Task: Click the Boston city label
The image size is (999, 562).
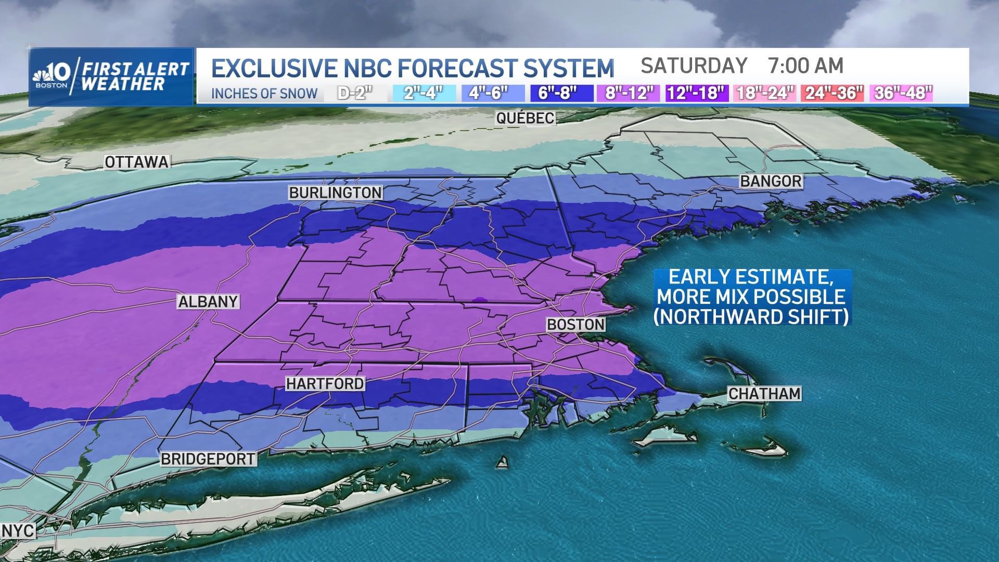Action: point(575,325)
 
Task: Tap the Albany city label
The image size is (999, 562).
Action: point(208,302)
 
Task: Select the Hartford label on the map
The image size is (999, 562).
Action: point(325,384)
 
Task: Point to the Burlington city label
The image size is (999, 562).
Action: point(336,193)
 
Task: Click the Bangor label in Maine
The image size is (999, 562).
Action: point(771,181)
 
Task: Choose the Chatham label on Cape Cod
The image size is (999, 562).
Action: point(764,393)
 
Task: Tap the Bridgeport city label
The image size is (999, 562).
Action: point(208,459)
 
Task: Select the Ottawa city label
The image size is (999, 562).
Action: point(137,162)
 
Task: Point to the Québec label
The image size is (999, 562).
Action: point(525,118)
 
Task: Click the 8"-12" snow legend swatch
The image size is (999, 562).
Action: point(629,93)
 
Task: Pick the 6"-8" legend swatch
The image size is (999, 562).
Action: point(561,93)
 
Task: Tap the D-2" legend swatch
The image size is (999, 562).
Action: point(356,93)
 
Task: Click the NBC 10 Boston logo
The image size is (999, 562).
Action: point(52,76)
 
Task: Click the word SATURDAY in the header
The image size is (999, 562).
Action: point(694,66)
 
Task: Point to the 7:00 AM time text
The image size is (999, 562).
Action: point(805,66)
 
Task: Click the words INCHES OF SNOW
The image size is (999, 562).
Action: point(264,94)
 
